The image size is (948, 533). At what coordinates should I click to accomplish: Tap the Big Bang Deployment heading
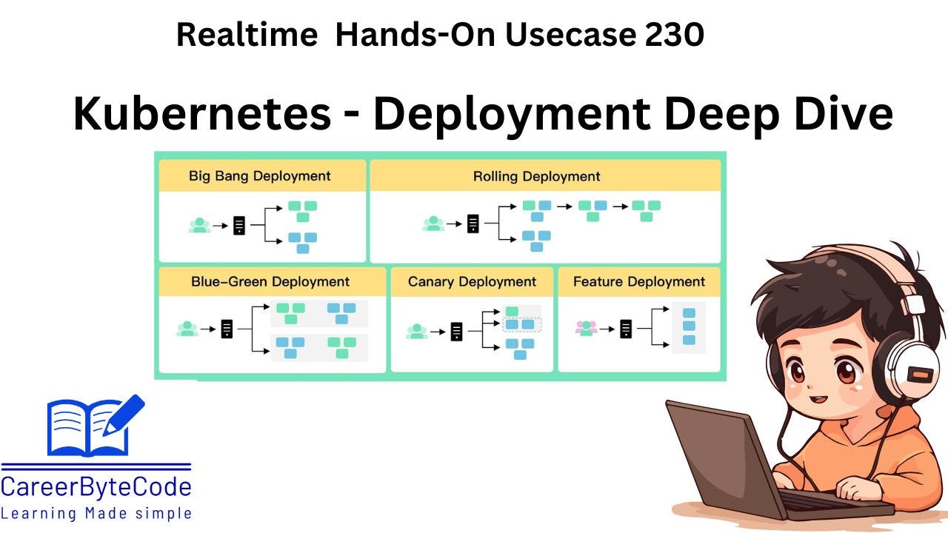(259, 176)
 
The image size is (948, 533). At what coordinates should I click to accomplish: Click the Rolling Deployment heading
(536, 176)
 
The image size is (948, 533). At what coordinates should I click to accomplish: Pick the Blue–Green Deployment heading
(270, 281)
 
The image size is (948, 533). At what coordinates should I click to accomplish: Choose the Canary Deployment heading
(472, 281)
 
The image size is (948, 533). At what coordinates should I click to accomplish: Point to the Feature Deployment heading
(639, 281)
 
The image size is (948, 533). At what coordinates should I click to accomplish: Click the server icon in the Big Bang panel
(239, 225)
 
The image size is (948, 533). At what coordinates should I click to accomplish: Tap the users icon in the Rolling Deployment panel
(434, 223)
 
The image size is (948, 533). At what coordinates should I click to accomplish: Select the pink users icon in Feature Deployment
(586, 327)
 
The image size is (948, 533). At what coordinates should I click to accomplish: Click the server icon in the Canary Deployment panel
(456, 331)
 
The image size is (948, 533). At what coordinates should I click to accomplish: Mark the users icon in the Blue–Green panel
(188, 328)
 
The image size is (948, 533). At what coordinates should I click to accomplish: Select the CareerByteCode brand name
(96, 487)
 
